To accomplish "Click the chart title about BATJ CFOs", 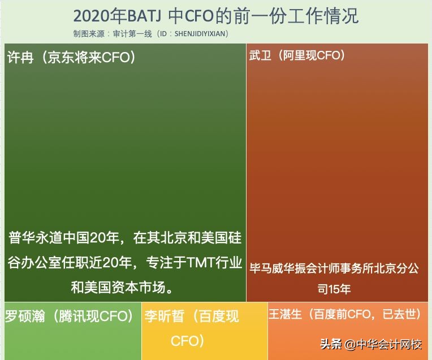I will click(216, 16).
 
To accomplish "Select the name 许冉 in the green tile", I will click(20, 58).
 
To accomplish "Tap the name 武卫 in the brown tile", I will click(261, 56).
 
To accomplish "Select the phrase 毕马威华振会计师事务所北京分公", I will click(334, 268).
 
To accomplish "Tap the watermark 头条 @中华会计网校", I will click(371, 344).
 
